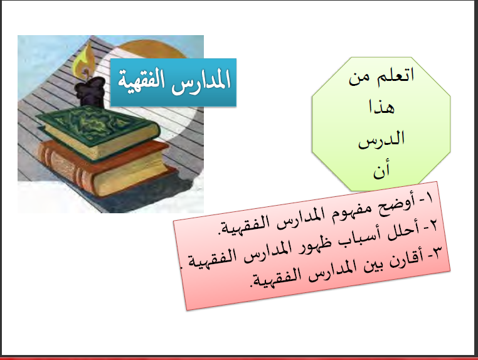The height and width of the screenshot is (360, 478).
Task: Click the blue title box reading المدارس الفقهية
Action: coord(173,82)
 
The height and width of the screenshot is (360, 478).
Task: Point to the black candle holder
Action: coord(90,92)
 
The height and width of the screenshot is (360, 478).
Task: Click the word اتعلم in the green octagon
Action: coord(396,75)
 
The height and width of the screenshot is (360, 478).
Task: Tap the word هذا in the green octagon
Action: coord(381,107)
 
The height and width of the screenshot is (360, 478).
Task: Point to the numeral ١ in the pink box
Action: coord(429,198)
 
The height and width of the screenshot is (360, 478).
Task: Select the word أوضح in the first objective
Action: coord(394,205)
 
